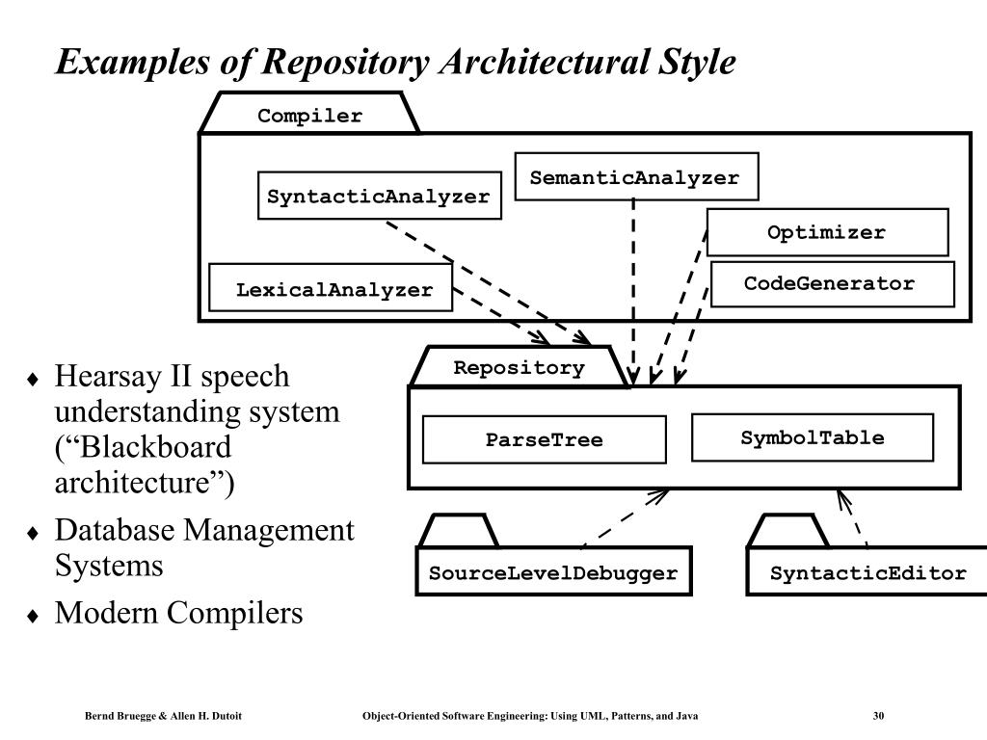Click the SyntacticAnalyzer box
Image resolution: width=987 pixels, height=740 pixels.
380,196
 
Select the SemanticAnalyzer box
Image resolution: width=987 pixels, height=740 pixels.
636,177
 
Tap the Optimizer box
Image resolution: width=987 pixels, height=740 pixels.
827,232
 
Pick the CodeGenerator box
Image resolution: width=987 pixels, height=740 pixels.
832,284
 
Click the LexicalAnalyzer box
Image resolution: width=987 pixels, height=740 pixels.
331,287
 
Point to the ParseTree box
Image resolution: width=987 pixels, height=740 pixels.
544,439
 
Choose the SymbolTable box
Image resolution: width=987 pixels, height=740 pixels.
812,437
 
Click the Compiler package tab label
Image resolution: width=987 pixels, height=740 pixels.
309,116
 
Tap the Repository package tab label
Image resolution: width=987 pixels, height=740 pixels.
519,367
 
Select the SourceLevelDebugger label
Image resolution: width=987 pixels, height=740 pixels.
553,573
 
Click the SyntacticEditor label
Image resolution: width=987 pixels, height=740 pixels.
868,573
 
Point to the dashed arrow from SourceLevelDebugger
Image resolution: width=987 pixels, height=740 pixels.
625,518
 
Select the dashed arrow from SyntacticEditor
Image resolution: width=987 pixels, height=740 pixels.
853,518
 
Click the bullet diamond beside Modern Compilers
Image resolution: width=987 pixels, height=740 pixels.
33,616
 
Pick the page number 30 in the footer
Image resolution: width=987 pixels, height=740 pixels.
878,716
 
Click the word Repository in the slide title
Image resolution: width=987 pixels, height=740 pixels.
345,63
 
